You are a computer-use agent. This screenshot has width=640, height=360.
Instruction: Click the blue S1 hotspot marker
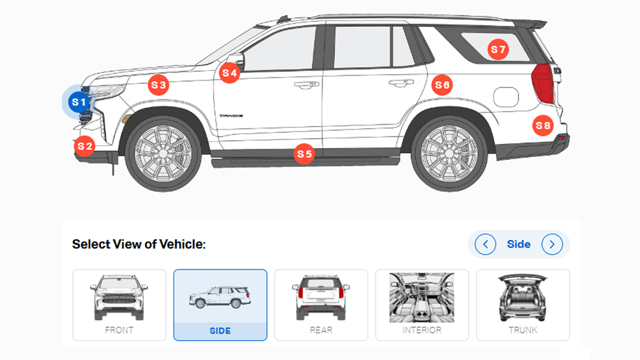pos(79,102)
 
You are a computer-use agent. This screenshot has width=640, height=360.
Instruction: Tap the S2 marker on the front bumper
pos(85,146)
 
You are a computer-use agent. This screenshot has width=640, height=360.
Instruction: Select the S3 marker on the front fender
pos(158,85)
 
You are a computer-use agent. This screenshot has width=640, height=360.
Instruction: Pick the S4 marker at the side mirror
pos(230,73)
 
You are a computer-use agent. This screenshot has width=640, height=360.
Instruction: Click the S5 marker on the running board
pos(304,154)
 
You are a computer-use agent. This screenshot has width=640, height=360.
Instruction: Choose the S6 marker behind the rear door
pos(442,85)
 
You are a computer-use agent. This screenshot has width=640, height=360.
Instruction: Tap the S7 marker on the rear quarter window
pos(498,50)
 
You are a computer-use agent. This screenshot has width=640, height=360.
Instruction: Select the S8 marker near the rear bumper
pos(543,125)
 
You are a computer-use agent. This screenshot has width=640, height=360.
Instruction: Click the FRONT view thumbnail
pos(119,305)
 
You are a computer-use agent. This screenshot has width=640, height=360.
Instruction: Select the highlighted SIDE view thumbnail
pos(220,305)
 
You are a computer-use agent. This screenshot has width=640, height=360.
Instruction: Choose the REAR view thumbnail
pos(321,305)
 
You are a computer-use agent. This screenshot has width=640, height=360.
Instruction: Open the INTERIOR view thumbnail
pos(422,305)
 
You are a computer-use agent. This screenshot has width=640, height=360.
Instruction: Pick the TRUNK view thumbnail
pos(523,305)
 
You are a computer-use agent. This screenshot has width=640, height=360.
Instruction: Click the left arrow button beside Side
pos(485,244)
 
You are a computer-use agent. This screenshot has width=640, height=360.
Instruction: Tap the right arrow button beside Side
pos(552,244)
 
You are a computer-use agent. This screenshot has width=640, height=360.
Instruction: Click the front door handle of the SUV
pos(306,85)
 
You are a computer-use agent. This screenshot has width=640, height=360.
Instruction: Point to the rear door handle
pos(401,83)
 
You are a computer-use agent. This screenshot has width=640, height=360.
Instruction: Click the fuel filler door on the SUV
pos(506,97)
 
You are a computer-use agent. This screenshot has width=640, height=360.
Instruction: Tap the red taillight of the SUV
pos(543,83)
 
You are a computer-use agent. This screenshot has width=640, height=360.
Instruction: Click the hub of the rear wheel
pos(449,154)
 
